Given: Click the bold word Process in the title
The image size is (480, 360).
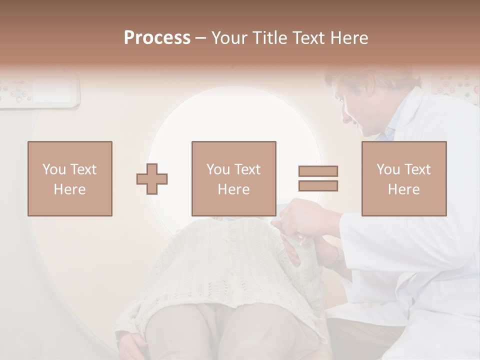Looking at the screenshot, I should pos(157,38).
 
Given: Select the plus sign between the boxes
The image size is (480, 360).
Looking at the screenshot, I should pos(152,178).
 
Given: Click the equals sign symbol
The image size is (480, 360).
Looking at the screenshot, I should pos(318,178).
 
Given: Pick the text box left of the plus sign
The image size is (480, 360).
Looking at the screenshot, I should pos(70,178).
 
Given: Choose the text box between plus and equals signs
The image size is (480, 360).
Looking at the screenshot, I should pos(234,178).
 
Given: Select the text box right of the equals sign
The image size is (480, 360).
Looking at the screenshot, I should pos(404,178).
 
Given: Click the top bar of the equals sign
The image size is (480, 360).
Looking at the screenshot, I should pos(318,171).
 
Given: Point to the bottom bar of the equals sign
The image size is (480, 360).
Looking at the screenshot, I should pos(318,186).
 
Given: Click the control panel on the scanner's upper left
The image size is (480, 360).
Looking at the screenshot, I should pos(40,90).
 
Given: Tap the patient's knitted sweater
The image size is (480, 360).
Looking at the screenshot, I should pos(225,260).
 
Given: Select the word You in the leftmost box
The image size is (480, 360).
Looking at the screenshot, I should pos(53,169).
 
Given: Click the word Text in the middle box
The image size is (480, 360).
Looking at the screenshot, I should pos(247,169).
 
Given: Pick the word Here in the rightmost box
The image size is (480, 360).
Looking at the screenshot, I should pos(404,189).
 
